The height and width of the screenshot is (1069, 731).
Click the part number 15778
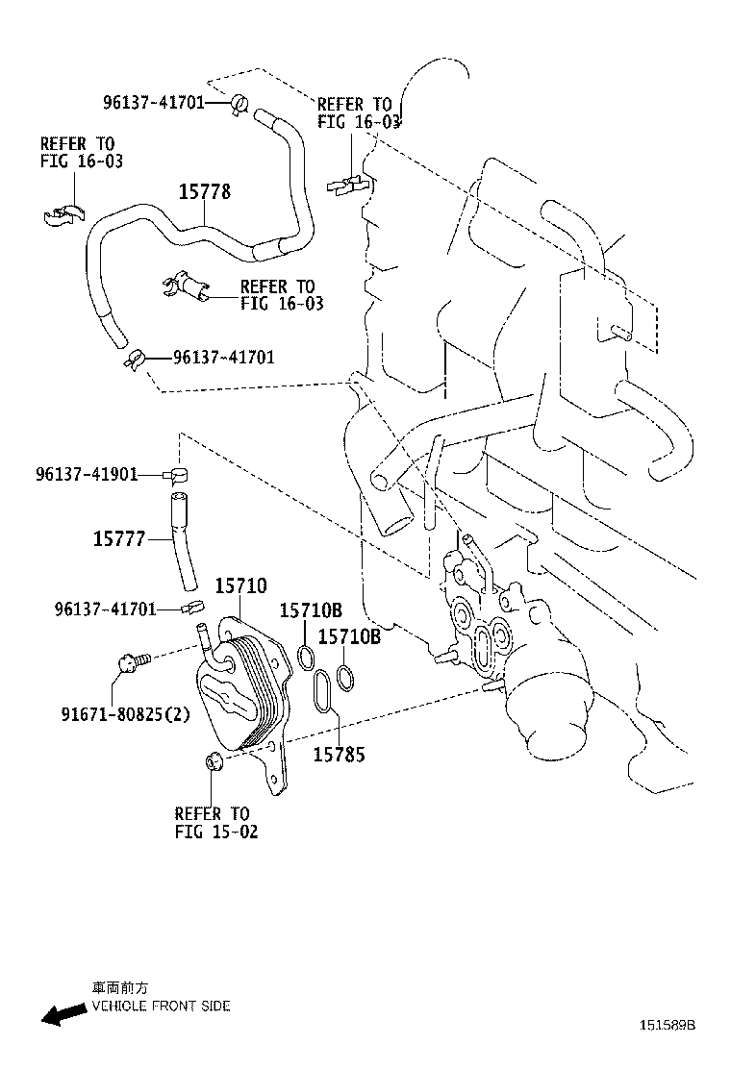point(204,191)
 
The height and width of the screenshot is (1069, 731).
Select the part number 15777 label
point(118,539)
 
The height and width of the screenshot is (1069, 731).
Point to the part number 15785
point(339,754)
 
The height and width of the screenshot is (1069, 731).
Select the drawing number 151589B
point(663,1026)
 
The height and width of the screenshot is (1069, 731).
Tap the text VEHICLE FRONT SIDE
point(161,1007)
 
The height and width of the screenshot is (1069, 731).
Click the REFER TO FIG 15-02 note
point(215,823)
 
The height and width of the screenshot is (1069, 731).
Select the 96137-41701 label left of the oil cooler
point(106,609)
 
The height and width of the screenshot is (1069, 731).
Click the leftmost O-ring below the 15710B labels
point(306,658)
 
